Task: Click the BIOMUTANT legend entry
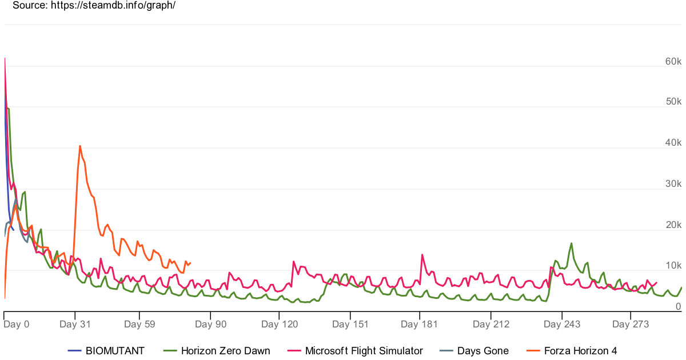[x=106, y=350]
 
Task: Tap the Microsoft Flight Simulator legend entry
[x=355, y=350]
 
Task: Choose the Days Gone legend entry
[x=474, y=350]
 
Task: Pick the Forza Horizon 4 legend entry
[x=572, y=350]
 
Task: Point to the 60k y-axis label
[x=673, y=61]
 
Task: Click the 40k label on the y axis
[x=673, y=142]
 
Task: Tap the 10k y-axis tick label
[x=673, y=265]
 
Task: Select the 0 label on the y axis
[x=679, y=306]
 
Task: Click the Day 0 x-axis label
[x=16, y=324]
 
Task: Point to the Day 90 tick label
[x=211, y=324]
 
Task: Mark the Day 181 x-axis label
[x=419, y=324]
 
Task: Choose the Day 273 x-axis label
[x=631, y=324]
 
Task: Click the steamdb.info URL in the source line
[x=113, y=5]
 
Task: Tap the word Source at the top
[x=30, y=5]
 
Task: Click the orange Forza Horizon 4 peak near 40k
[x=80, y=146]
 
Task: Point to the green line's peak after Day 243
[x=572, y=243]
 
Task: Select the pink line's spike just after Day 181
[x=422, y=255]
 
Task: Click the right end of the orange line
[x=190, y=263]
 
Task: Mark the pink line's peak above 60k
[x=5, y=58]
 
